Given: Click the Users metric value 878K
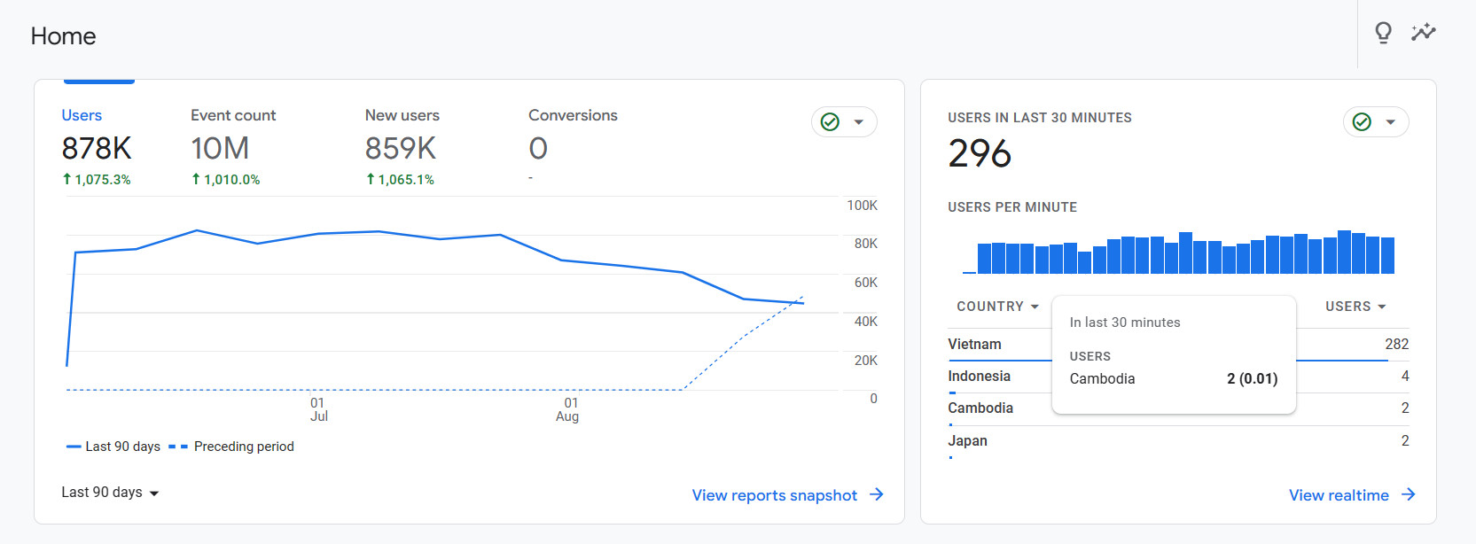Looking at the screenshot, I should click(x=97, y=149).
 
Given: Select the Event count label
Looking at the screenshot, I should click(x=233, y=115).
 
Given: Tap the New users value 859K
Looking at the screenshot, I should click(x=401, y=149).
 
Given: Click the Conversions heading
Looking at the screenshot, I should click(x=573, y=115).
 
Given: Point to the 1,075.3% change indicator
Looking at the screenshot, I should click(x=97, y=179).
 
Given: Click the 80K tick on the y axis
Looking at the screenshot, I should click(x=865, y=244).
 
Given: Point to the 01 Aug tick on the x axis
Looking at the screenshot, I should click(x=568, y=409).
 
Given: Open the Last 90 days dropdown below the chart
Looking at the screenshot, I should click(x=110, y=493).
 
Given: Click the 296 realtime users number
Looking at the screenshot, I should click(x=980, y=153).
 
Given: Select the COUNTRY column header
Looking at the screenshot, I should click(x=996, y=307).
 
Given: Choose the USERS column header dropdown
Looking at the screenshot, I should click(x=1355, y=307).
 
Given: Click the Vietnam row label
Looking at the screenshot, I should click(x=974, y=344).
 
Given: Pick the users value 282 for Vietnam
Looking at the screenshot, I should click(x=1396, y=344).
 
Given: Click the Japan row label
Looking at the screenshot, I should click(x=967, y=440).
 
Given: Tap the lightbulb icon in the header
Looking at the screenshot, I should click(x=1383, y=33).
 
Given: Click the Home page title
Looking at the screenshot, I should click(x=63, y=36).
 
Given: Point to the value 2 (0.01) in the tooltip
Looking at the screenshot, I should click(x=1252, y=378).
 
